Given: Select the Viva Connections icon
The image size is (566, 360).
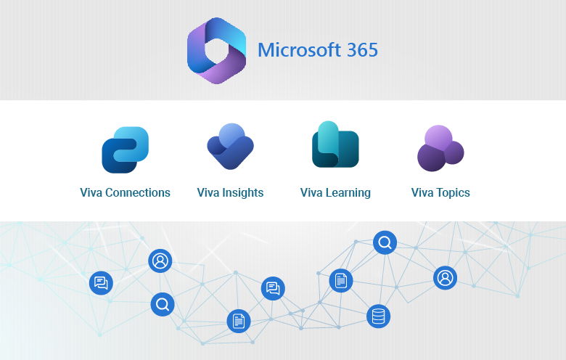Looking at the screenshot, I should coord(125,150).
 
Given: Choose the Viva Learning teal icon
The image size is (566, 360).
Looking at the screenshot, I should coord(335,145).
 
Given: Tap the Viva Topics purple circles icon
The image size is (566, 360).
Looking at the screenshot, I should coord(440,148).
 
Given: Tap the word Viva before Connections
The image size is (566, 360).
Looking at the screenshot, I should coord(91,193).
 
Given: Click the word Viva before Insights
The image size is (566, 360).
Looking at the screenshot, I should coord(208,193).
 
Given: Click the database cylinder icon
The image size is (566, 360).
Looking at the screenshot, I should coord(378,316).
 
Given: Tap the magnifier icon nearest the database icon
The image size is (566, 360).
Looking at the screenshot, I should coord(385,242).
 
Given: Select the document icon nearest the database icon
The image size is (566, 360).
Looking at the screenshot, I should coord(341,280).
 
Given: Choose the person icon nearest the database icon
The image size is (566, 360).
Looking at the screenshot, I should coord(445,277).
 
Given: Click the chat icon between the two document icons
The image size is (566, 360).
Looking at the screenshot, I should coord(273,288).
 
